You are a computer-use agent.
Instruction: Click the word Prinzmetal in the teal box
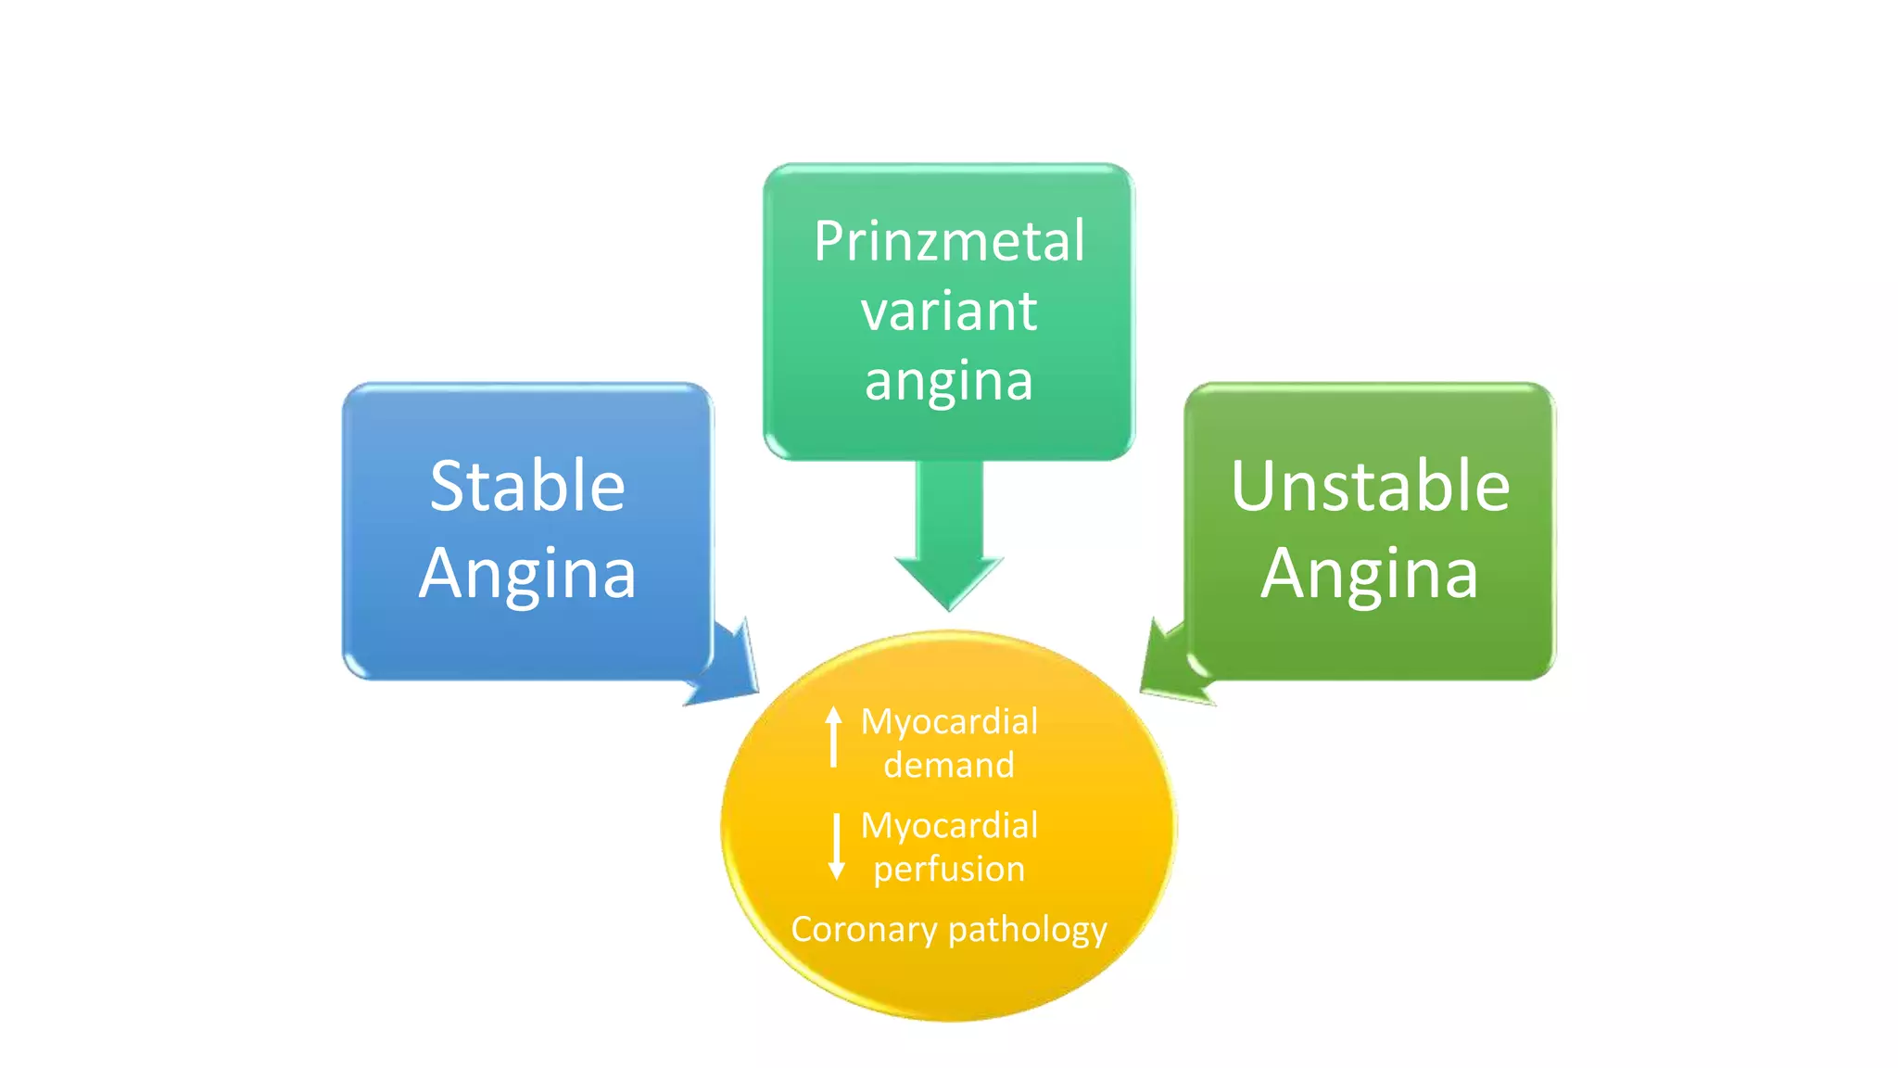pos(949,242)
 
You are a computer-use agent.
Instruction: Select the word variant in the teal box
pos(949,311)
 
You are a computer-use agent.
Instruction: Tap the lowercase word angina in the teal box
pos(949,381)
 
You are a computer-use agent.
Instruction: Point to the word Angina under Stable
pos(527,575)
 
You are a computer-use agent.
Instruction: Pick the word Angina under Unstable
pos(1370,575)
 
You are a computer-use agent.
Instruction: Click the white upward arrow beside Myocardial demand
pos(834,736)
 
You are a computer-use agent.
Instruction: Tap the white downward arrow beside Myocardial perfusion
pos(836,845)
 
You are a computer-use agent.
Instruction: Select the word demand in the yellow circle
pos(949,766)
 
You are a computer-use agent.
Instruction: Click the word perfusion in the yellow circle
pos(949,870)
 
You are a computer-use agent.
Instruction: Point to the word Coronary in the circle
pos(863,929)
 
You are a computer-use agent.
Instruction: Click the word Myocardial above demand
pos(949,722)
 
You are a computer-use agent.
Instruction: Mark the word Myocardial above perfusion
pos(949,826)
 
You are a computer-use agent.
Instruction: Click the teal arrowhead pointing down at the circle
pos(949,579)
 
